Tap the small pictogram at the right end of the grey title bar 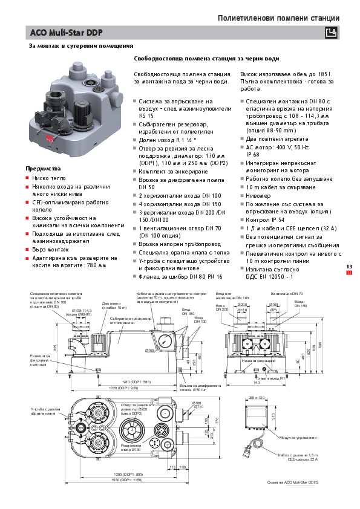[x=330, y=33]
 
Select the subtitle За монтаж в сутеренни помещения [x=81, y=46]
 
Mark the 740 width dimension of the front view [x=256, y=383]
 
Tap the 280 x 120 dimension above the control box [x=257, y=398]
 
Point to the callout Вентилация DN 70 [x=278, y=293]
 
